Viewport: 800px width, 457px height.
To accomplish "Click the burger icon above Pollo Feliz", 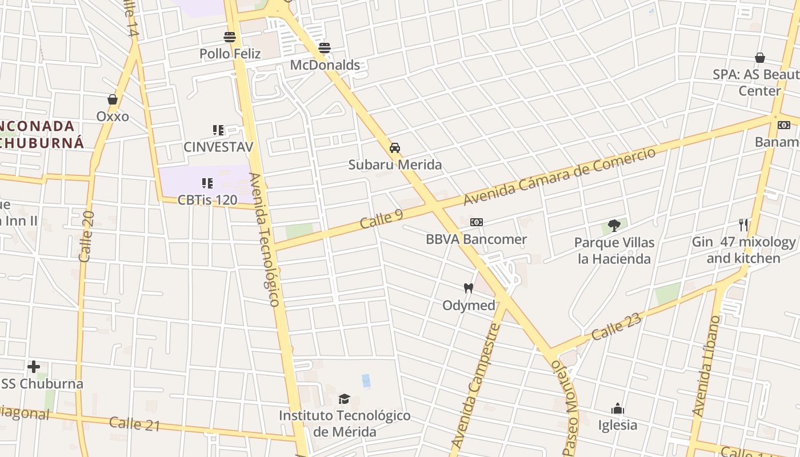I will coord(230,37).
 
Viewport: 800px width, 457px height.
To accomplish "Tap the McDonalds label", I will coord(325,65).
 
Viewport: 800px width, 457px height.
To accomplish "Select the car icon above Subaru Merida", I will coord(395,148).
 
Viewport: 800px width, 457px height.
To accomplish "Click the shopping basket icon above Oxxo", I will coord(113,100).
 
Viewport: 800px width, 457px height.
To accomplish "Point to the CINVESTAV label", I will coord(218,147).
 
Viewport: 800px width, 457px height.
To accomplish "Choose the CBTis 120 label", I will coord(207,200).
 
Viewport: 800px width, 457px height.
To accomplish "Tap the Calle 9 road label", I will coord(382,219).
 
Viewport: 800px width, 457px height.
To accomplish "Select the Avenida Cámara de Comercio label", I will coord(559,176).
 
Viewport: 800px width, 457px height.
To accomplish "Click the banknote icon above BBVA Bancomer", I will coord(477,222).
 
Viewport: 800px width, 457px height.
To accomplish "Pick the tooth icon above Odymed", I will coord(469,288).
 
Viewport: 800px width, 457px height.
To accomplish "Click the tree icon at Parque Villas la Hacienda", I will coord(614,226).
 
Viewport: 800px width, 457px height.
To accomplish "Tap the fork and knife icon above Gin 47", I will coord(743,225).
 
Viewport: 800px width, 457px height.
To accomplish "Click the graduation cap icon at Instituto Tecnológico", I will coord(344,399).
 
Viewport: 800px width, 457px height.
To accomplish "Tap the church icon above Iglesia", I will coord(617,408).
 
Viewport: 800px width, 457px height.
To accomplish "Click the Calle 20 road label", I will coord(86,237).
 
